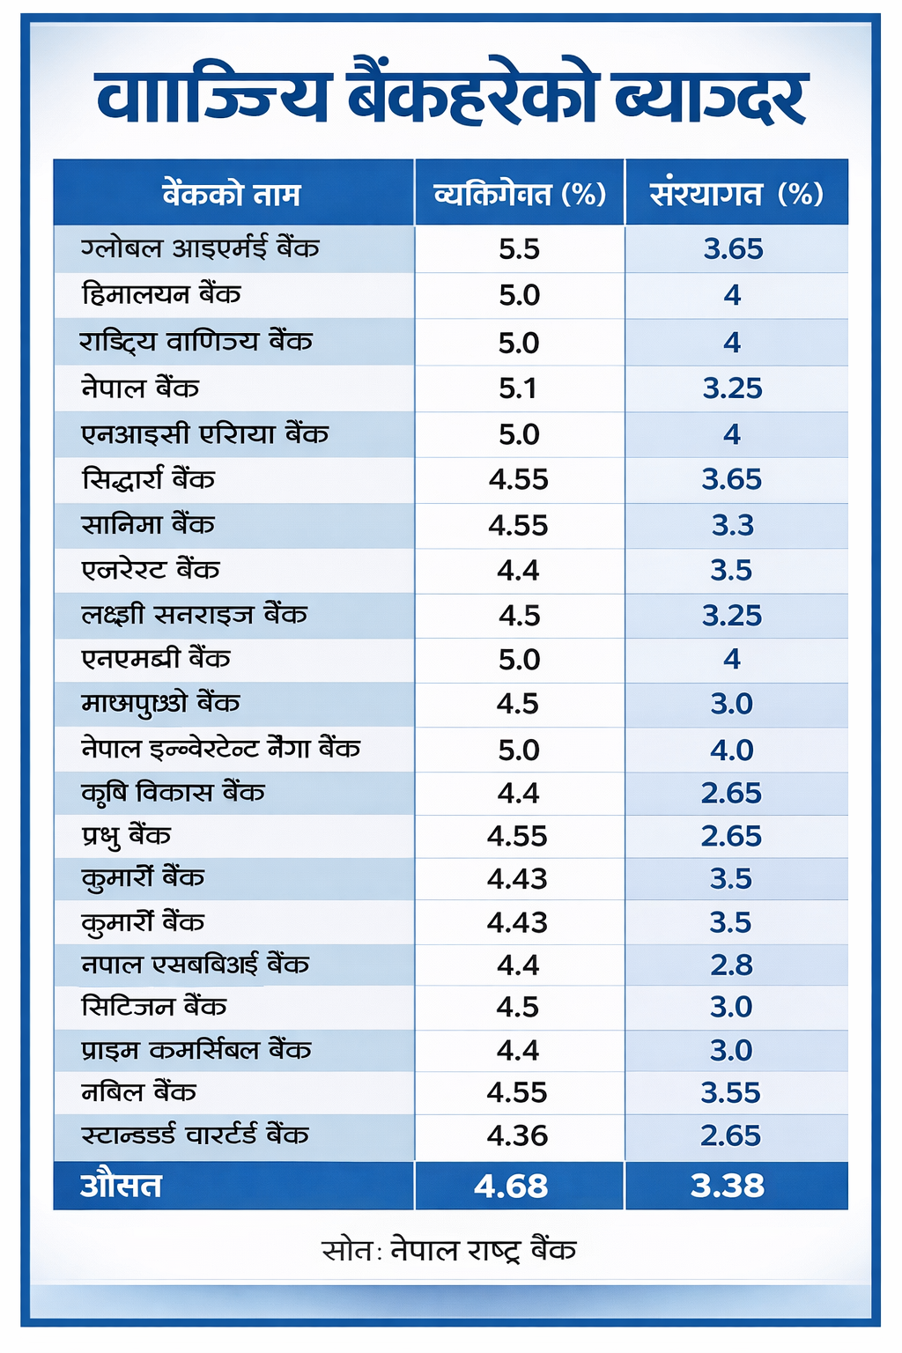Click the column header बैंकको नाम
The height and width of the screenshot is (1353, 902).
232,194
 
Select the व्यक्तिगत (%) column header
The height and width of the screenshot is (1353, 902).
520,194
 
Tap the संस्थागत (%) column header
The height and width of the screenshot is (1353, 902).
736,194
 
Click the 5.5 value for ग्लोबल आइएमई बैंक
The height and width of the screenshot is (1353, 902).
519,249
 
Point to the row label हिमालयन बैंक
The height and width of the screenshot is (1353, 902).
161,294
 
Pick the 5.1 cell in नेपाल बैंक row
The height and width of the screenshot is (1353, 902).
518,388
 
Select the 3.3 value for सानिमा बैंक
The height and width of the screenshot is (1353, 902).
733,526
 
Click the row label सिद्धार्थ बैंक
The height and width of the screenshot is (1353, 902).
148,480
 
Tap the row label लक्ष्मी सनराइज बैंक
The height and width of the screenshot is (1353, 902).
194,615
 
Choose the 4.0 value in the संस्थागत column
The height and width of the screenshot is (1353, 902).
732,750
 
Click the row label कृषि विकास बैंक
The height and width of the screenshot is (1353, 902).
173,793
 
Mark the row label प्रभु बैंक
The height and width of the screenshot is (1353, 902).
126,836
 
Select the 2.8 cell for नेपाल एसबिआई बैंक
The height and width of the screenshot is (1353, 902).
732,965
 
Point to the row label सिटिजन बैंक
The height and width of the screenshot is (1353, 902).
154,1007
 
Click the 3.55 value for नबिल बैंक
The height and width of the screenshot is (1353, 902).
730,1093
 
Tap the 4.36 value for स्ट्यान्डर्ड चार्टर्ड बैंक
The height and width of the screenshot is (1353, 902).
517,1135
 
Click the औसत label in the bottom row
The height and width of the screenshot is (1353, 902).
121,1186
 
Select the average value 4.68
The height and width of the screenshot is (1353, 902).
511,1186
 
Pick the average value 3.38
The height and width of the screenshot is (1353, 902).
728,1186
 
